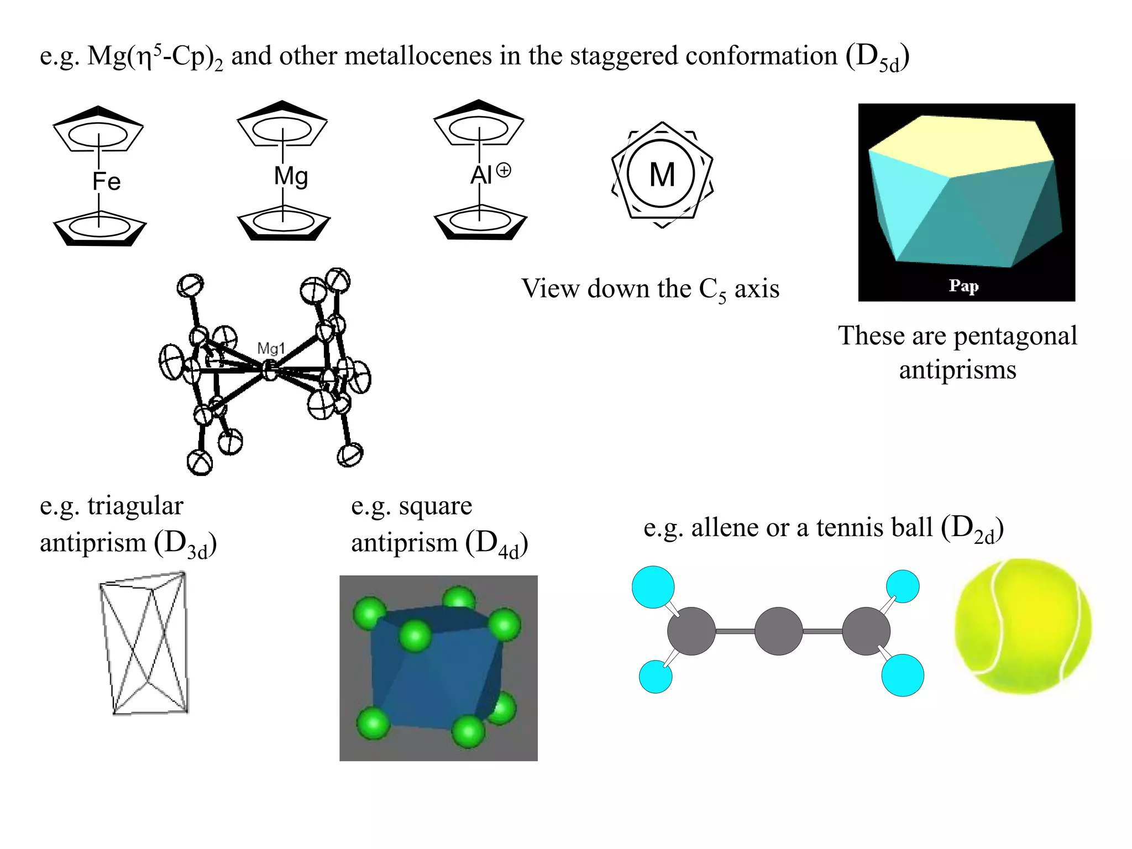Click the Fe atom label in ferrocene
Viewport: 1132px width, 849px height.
pos(106,182)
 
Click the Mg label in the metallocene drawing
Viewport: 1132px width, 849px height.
pos(291,176)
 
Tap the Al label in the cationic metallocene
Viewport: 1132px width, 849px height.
pos(481,176)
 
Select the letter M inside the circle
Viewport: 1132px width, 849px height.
pos(662,175)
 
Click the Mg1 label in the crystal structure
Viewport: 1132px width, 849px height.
pos(271,349)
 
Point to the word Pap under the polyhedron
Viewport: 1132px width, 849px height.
pos(963,286)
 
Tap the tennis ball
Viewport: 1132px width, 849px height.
pos(1023,626)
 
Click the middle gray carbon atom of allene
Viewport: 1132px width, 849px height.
pos(778,631)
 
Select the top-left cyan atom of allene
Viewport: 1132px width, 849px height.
pos(653,587)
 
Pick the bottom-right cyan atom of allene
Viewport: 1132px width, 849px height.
pos(902,675)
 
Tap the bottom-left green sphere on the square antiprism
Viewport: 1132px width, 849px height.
pos(374,724)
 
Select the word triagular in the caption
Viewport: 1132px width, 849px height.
pos(135,506)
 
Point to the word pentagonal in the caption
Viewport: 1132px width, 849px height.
pos(1015,336)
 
